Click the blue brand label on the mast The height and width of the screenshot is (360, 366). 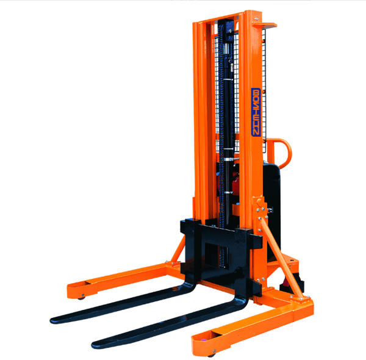pyautogui.click(x=256, y=112)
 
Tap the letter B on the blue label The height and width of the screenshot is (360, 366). pyautogui.click(x=256, y=93)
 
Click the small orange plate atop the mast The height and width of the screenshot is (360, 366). pyautogui.click(x=265, y=25)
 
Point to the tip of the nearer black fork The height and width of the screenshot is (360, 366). pyautogui.click(x=93, y=345)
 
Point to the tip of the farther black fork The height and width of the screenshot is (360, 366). pyautogui.click(x=52, y=320)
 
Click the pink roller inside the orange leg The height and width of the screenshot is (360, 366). pyautogui.click(x=203, y=340)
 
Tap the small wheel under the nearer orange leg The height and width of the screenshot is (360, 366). pyautogui.click(x=212, y=354)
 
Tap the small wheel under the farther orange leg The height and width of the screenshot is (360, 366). pyautogui.click(x=82, y=297)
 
